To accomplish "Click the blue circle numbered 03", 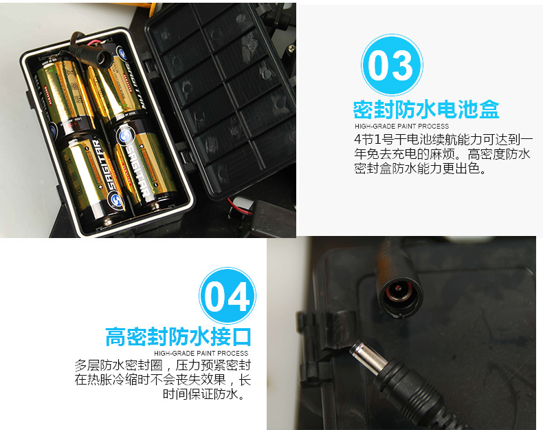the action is pos(392,65).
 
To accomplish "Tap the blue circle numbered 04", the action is pos(228,296).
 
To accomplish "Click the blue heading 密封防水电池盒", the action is pos(426,109).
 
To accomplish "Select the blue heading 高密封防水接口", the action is pos(178,336).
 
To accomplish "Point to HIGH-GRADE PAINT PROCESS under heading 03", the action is pos(401,126).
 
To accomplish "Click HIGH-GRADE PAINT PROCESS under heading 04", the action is pos(201,353).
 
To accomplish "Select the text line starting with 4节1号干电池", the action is pos(443,139).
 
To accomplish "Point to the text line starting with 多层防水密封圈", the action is pos(163,365).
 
